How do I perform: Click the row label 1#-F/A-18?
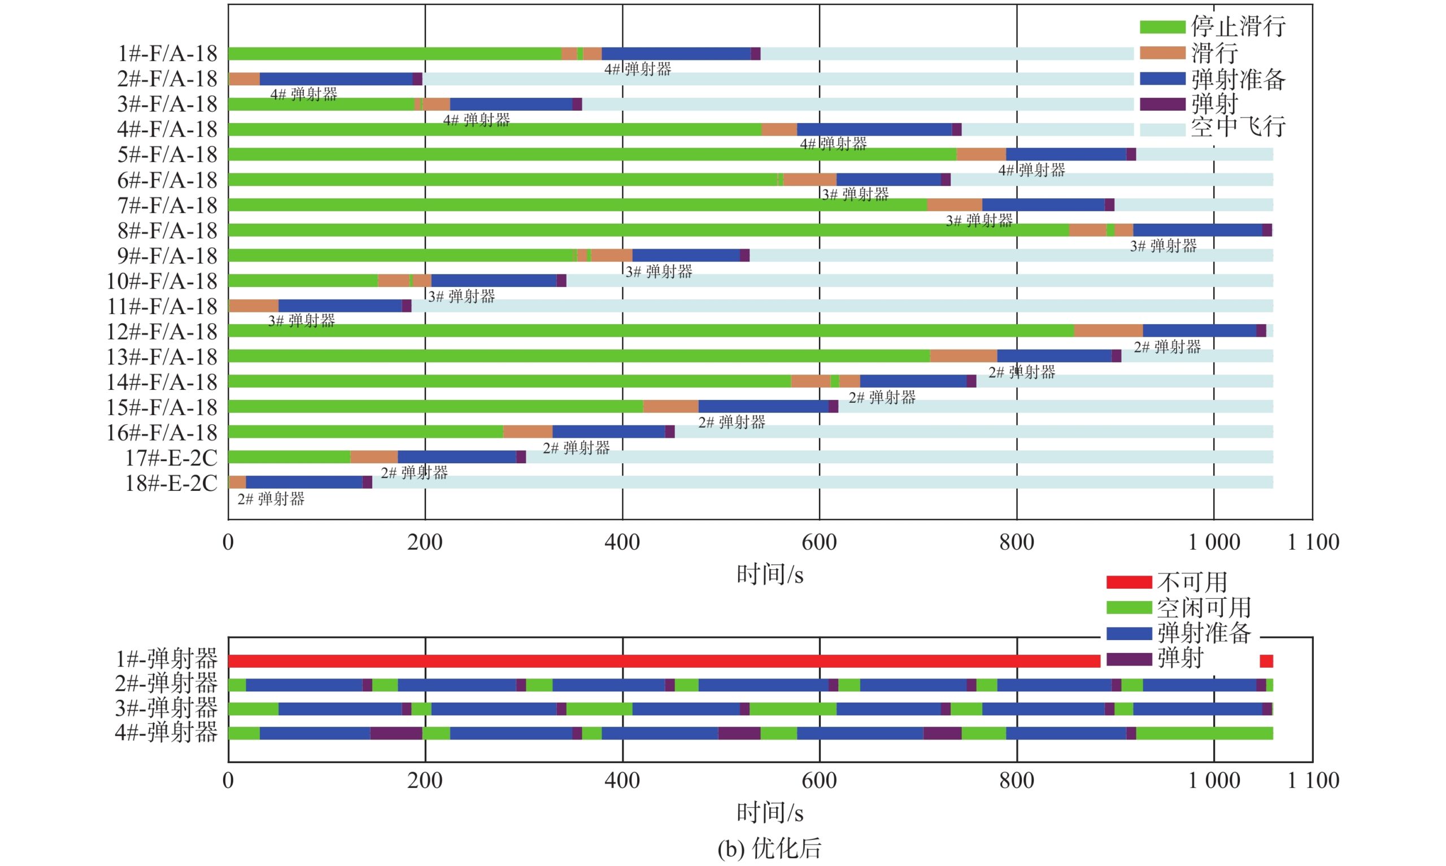pyautogui.click(x=167, y=54)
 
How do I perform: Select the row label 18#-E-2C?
pyautogui.click(x=171, y=483)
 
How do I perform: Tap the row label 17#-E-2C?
pyautogui.click(x=171, y=458)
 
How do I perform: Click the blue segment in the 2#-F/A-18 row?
pyautogui.click(x=336, y=79)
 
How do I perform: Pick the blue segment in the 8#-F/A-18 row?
pyautogui.click(x=1197, y=230)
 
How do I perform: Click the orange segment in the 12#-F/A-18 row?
pyautogui.click(x=1108, y=331)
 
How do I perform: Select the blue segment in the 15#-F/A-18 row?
pyautogui.click(x=763, y=407)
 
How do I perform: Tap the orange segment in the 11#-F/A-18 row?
pyautogui.click(x=254, y=306)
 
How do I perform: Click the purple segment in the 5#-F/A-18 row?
pyautogui.click(x=1131, y=155)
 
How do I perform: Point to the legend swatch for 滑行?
pyautogui.click(x=1162, y=53)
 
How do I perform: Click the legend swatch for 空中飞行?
pyautogui.click(x=1162, y=130)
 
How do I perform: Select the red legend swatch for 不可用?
pyautogui.click(x=1129, y=582)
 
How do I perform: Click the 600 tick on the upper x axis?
pyautogui.click(x=819, y=543)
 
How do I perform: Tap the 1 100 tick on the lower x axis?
pyautogui.click(x=1313, y=781)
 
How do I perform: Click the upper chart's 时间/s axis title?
pyautogui.click(x=770, y=576)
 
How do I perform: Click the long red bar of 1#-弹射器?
pyautogui.click(x=664, y=661)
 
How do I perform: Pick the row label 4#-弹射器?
pyautogui.click(x=166, y=732)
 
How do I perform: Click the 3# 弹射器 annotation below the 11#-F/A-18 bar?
pyautogui.click(x=302, y=320)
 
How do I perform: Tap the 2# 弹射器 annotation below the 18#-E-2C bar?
pyautogui.click(x=271, y=499)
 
